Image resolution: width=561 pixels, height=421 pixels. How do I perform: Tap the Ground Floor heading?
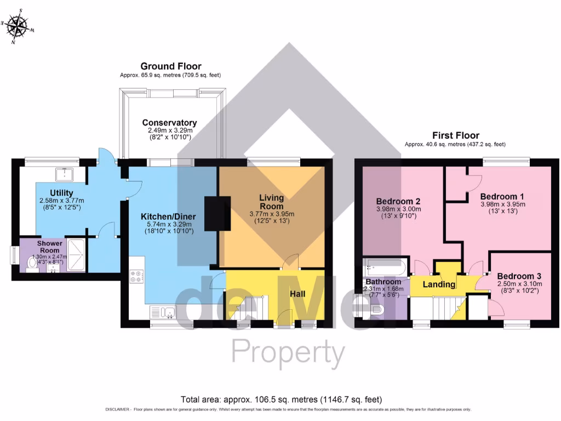[170, 66]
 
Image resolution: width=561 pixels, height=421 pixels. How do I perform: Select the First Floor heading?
[455, 135]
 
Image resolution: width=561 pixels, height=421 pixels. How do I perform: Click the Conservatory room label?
[169, 123]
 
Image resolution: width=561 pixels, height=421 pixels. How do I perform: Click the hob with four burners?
[136, 277]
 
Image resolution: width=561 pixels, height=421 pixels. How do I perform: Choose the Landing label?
[439, 285]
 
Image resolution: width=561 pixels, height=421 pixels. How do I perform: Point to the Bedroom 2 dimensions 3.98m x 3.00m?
[399, 209]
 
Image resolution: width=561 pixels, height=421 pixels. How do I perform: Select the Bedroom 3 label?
[519, 276]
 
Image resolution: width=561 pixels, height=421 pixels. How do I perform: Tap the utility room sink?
[65, 173]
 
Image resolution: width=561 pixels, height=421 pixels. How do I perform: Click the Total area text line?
[281, 399]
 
